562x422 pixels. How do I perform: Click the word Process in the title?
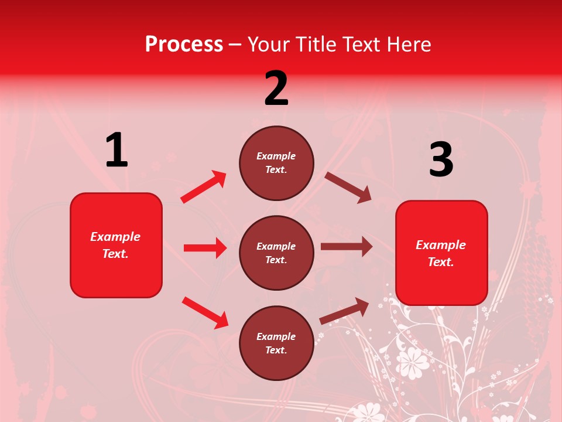184,44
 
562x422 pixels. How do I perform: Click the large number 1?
116,150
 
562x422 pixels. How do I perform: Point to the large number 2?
276,89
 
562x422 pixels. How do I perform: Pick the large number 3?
441,160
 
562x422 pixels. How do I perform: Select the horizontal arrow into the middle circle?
205,248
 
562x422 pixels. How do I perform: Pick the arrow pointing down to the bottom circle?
205,312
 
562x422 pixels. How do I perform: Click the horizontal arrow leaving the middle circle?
346,247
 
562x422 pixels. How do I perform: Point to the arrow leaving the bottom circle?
344,311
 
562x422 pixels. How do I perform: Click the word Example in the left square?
115,237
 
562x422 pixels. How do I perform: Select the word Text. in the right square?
441,262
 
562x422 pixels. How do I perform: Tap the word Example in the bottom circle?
276,336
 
